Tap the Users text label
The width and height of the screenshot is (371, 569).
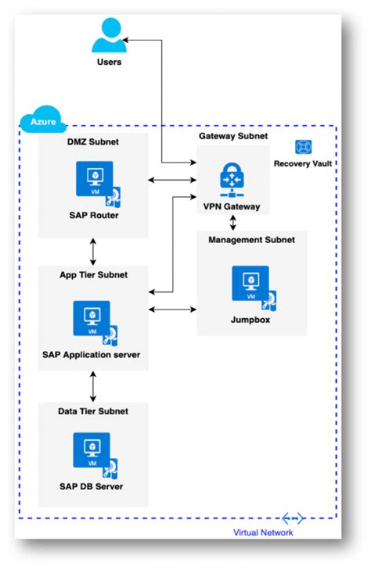pos(109,62)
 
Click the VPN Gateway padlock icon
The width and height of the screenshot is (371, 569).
pos(232,179)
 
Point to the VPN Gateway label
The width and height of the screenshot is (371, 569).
pos(232,208)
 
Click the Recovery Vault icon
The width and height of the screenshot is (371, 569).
pos(303,146)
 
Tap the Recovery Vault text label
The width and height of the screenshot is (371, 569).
pos(303,163)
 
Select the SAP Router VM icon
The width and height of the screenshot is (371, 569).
pos(95,179)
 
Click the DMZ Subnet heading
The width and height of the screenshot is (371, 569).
pos(92,142)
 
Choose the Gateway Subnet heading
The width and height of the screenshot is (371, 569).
pos(232,136)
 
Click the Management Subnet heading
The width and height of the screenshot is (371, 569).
pos(251,240)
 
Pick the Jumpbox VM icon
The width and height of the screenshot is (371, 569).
pos(251,284)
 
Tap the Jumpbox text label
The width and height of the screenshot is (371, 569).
pos(251,319)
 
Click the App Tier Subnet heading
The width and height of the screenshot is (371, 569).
pos(93,275)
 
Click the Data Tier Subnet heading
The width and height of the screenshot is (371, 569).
pos(92,411)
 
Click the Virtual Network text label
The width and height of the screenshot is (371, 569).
pos(263,532)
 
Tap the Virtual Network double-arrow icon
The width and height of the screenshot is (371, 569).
pos(293,518)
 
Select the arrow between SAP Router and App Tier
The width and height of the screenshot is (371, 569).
pos(93,252)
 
